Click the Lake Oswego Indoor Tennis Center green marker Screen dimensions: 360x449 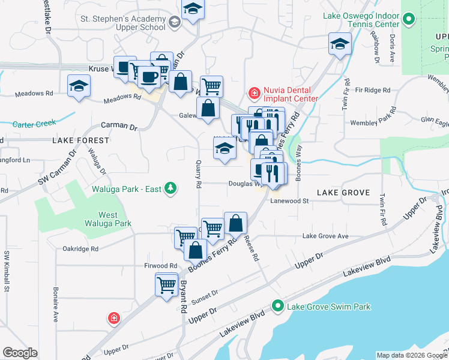[409, 20]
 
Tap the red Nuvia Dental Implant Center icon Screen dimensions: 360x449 [254, 93]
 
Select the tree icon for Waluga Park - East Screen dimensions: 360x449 [171, 189]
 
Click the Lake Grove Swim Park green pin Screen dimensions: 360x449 [277, 307]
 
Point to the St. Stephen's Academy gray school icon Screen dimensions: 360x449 [175, 23]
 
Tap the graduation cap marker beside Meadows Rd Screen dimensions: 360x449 [78, 86]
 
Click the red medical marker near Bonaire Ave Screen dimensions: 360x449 [112, 318]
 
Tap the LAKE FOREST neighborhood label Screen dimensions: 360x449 [81, 140]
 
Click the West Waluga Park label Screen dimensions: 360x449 [116, 219]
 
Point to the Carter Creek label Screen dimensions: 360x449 [34, 124]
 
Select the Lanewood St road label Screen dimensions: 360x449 [290, 202]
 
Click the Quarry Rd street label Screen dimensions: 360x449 [199, 173]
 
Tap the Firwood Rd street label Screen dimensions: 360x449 [160, 265]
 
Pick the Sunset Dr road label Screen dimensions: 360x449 [204, 296]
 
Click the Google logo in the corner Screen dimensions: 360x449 [20, 352]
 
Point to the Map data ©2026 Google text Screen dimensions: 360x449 [411, 355]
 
